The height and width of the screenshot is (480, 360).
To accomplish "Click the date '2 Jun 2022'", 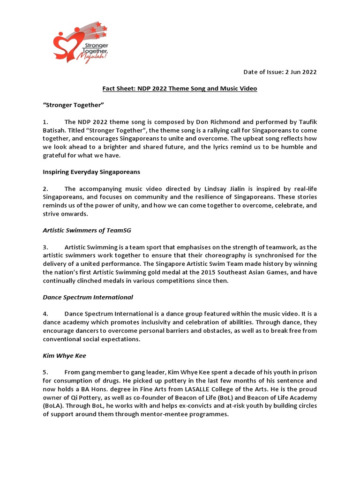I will [300, 72].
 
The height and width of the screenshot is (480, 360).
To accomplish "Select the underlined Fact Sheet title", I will [180, 89].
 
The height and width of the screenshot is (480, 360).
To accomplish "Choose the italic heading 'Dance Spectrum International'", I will [88, 297].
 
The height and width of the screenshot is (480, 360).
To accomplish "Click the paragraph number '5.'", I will [45, 372].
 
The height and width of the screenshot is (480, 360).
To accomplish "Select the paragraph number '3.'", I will [45, 247].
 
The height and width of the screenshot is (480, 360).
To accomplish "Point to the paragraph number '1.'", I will [45, 122].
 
